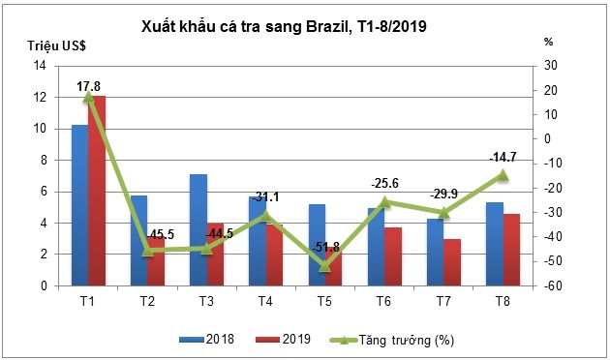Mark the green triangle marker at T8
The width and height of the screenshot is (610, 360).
coord(503,175)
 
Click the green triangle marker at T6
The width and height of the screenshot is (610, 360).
coord(385,202)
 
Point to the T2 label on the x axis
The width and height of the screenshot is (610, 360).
coord(147,300)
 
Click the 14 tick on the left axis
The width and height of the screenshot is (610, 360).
coord(41,66)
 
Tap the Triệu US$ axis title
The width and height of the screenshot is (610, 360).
coord(47,45)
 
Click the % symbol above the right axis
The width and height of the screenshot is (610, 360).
coord(548,42)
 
